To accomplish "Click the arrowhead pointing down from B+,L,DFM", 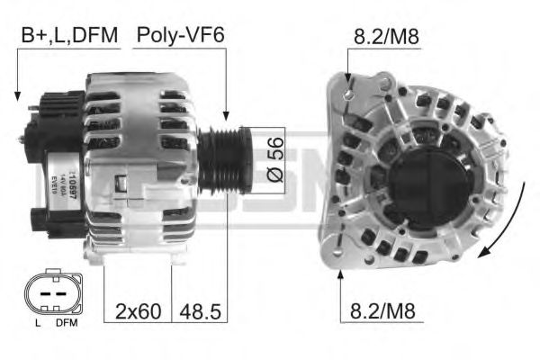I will pos(17,94).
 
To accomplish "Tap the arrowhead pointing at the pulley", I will pos(228,119).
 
